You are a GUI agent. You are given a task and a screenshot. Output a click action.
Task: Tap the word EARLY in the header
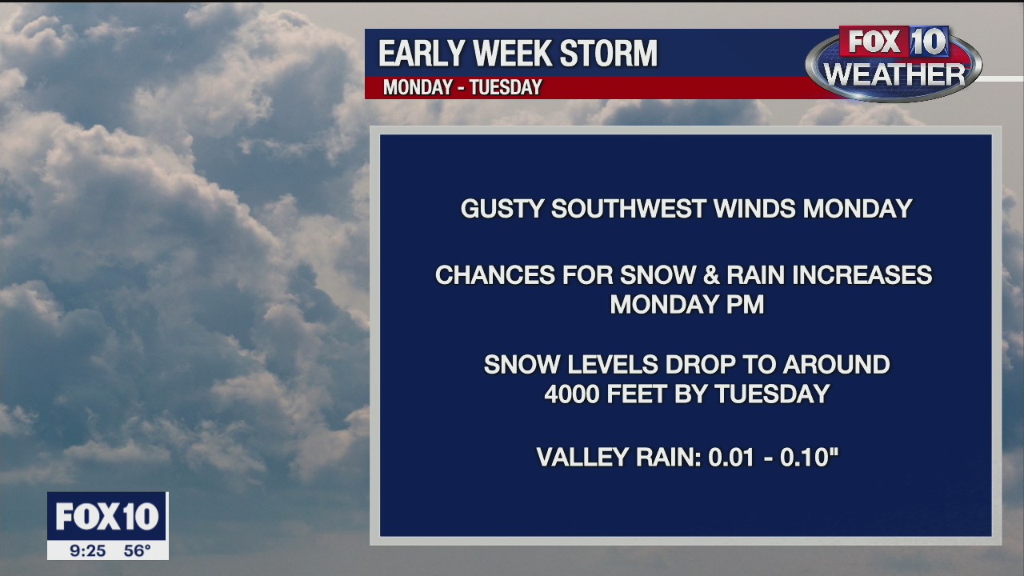tap(421, 54)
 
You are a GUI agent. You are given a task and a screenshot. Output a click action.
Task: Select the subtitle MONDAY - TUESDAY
tap(462, 88)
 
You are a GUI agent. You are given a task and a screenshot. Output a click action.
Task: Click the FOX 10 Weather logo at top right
tap(894, 63)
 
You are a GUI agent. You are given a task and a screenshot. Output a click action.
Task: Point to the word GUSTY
tap(501, 209)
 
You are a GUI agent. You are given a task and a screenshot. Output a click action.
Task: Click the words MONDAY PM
tap(686, 305)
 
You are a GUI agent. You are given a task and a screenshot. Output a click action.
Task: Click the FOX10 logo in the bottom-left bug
tap(107, 517)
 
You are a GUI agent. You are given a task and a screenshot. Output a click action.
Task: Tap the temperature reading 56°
tap(137, 550)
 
